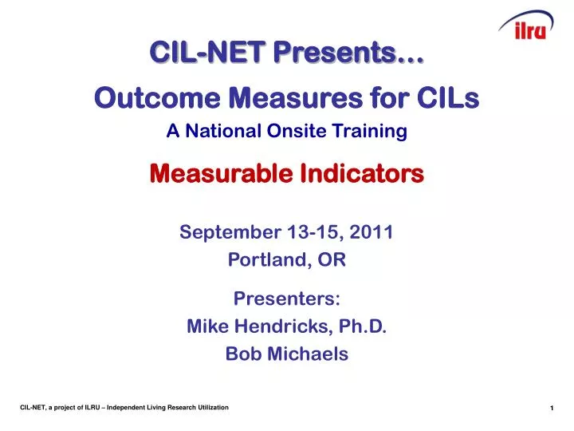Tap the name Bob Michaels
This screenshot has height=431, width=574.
(x=287, y=354)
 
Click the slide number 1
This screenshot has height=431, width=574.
(x=552, y=409)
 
